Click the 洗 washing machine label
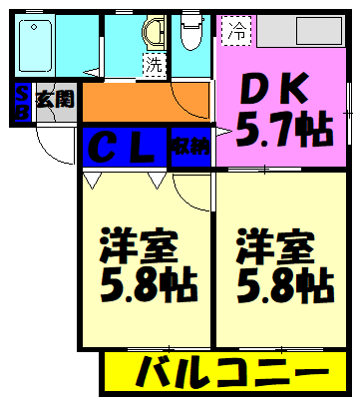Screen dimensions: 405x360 [155, 67]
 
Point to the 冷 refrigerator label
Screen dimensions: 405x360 [237, 31]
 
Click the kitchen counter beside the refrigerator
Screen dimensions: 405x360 [299, 31]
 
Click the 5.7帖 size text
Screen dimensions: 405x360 [280, 127]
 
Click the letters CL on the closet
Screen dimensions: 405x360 [126, 148]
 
